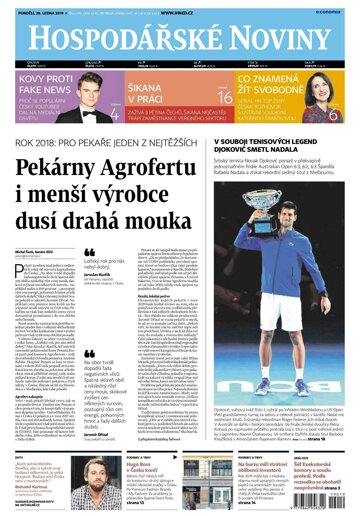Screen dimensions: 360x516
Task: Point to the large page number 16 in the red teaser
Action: click(224, 97)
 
